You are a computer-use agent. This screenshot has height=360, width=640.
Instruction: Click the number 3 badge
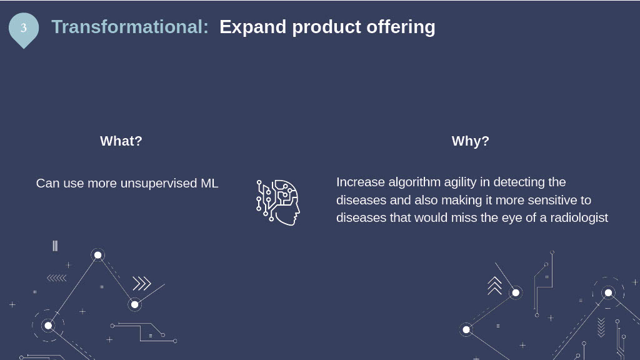(x=24, y=29)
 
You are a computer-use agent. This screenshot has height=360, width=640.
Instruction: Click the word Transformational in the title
(x=127, y=27)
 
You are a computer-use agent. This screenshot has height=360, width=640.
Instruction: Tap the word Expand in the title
(x=253, y=27)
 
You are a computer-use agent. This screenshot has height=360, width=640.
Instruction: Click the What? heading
(x=121, y=141)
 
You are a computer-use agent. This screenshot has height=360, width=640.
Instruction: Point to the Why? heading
(x=470, y=141)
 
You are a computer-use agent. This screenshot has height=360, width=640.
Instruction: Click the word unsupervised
(x=159, y=184)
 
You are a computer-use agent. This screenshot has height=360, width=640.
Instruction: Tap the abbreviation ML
(x=209, y=183)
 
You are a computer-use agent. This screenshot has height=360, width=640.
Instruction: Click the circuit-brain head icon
(x=278, y=202)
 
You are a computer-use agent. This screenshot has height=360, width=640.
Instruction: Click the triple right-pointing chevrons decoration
(x=142, y=283)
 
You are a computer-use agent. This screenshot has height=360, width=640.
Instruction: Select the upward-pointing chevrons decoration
(x=495, y=285)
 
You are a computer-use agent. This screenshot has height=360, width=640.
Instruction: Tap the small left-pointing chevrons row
(x=57, y=278)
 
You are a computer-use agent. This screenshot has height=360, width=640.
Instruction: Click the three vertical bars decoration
(x=55, y=246)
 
